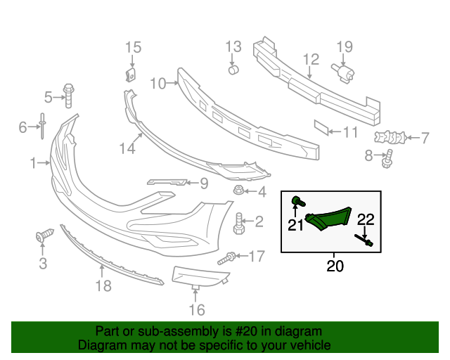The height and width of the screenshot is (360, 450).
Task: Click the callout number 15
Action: (133, 48)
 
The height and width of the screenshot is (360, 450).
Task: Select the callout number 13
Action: (233, 48)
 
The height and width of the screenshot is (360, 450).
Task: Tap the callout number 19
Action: (344, 48)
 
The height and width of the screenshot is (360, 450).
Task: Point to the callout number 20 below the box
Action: (336, 266)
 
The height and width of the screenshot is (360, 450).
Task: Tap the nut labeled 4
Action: (238, 191)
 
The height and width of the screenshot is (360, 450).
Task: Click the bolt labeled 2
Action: (238, 224)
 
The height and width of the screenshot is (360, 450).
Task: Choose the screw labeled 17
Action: (226, 259)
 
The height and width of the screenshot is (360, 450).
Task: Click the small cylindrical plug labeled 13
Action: (233, 69)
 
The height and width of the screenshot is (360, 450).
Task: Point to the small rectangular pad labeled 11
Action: (321, 127)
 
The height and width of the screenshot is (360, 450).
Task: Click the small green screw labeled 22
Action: (368, 243)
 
